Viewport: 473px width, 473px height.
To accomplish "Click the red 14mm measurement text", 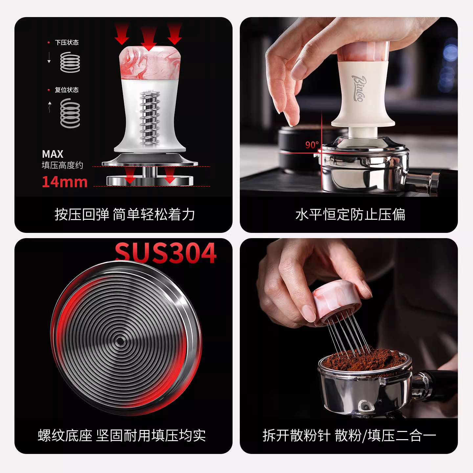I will click(x=65, y=182).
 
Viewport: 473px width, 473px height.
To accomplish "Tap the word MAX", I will click(x=53, y=154).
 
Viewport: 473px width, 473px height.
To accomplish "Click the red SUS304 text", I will click(x=166, y=253).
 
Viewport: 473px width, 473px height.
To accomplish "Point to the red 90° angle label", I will click(x=312, y=145).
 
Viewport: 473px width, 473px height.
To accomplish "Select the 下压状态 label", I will click(x=67, y=42).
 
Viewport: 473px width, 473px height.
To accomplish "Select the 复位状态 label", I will click(x=67, y=90).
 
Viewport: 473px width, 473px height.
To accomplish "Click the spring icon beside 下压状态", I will click(x=70, y=62).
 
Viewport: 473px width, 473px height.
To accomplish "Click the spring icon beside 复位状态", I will click(x=70, y=113).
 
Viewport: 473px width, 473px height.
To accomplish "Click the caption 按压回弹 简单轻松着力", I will click(x=125, y=215).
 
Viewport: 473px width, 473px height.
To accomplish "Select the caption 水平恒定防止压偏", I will click(x=350, y=215).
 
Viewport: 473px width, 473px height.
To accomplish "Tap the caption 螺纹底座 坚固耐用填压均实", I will click(x=122, y=436).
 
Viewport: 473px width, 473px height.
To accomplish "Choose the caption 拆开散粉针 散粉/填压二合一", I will click(x=349, y=436).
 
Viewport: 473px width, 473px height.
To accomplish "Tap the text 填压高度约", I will click(x=62, y=165).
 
